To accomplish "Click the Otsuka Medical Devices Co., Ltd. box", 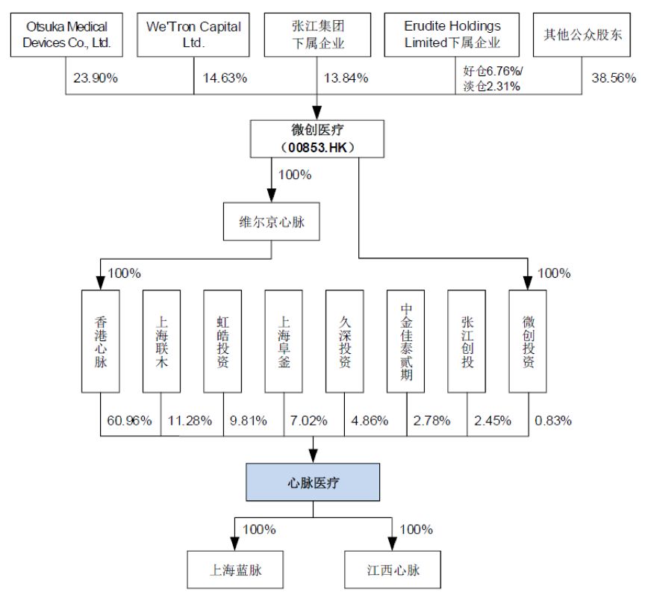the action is tap(66, 34).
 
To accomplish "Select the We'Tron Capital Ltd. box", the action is tap(193, 34).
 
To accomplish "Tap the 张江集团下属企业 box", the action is tap(317, 34).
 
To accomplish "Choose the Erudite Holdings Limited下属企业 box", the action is tap(452, 34).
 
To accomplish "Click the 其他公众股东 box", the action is tap(582, 34).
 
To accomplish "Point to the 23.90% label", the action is tap(96, 78).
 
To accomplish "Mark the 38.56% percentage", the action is tap(614, 78).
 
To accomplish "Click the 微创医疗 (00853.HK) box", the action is tap(317, 139).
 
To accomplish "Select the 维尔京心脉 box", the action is tap(272, 222).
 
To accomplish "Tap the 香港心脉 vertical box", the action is tap(100, 341).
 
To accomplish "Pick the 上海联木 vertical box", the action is tap(161, 341).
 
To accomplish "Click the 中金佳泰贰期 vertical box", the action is tap(405, 341).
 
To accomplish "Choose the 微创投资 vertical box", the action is tap(528, 341).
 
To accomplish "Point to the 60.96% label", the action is tap(129, 420).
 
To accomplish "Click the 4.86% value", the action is tap(370, 420).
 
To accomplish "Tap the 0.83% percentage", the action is tap(553, 420).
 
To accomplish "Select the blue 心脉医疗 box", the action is tap(313, 482).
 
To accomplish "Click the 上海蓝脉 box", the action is tap(235, 570).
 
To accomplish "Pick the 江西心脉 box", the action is tap(393, 570).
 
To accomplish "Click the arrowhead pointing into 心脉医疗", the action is tap(313, 456).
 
